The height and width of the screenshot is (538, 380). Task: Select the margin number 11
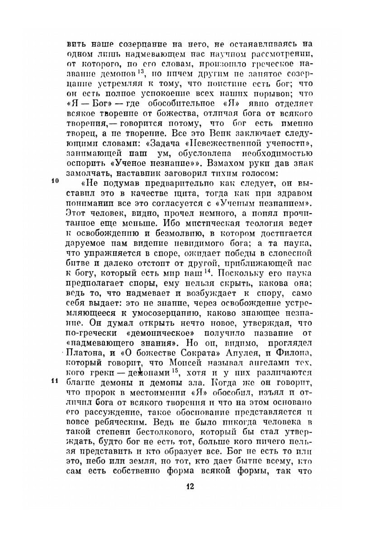pos(55,380)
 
